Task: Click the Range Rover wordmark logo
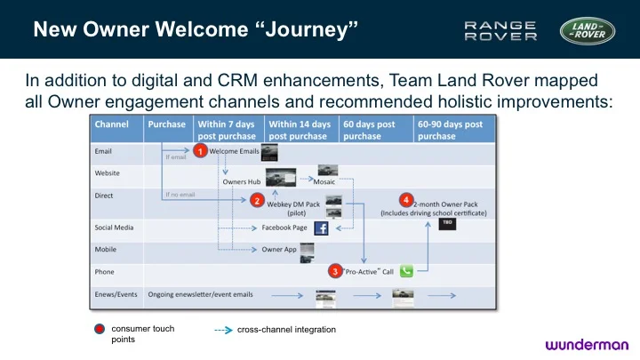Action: tap(501, 31)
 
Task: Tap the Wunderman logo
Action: tap(587, 344)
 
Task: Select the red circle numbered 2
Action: tap(257, 200)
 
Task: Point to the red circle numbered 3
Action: tap(334, 270)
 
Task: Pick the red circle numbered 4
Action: tap(406, 198)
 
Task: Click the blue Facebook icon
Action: tap(321, 228)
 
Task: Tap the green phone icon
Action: tap(407, 271)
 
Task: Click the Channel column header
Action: tap(111, 124)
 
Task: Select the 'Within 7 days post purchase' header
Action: tap(227, 131)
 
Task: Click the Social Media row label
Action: tap(115, 228)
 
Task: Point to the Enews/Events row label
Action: tap(116, 294)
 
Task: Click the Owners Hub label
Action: tap(241, 181)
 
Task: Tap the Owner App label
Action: tap(278, 250)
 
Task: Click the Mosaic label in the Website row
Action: tap(324, 181)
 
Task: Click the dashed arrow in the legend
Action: tap(222, 330)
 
